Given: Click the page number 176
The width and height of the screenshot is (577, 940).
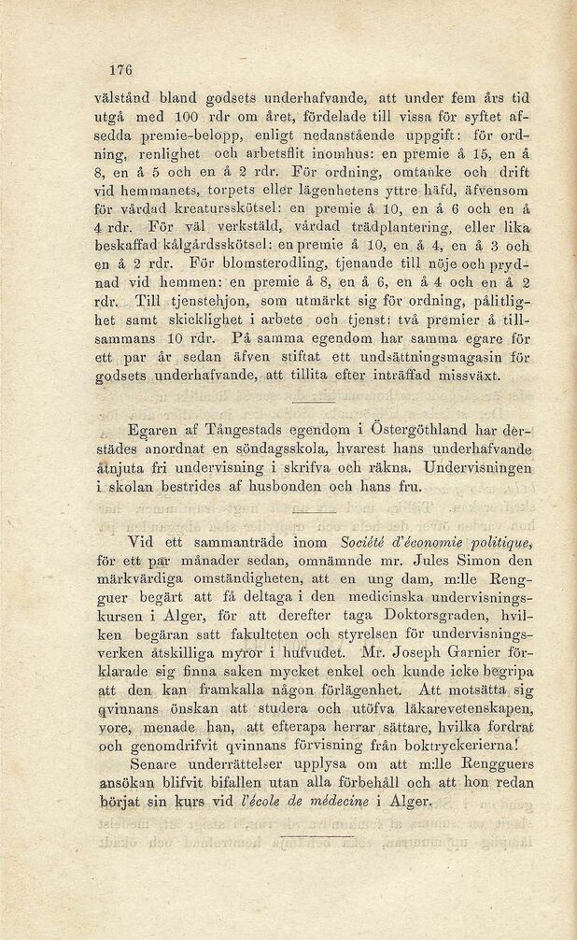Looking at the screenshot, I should tap(122, 69).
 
